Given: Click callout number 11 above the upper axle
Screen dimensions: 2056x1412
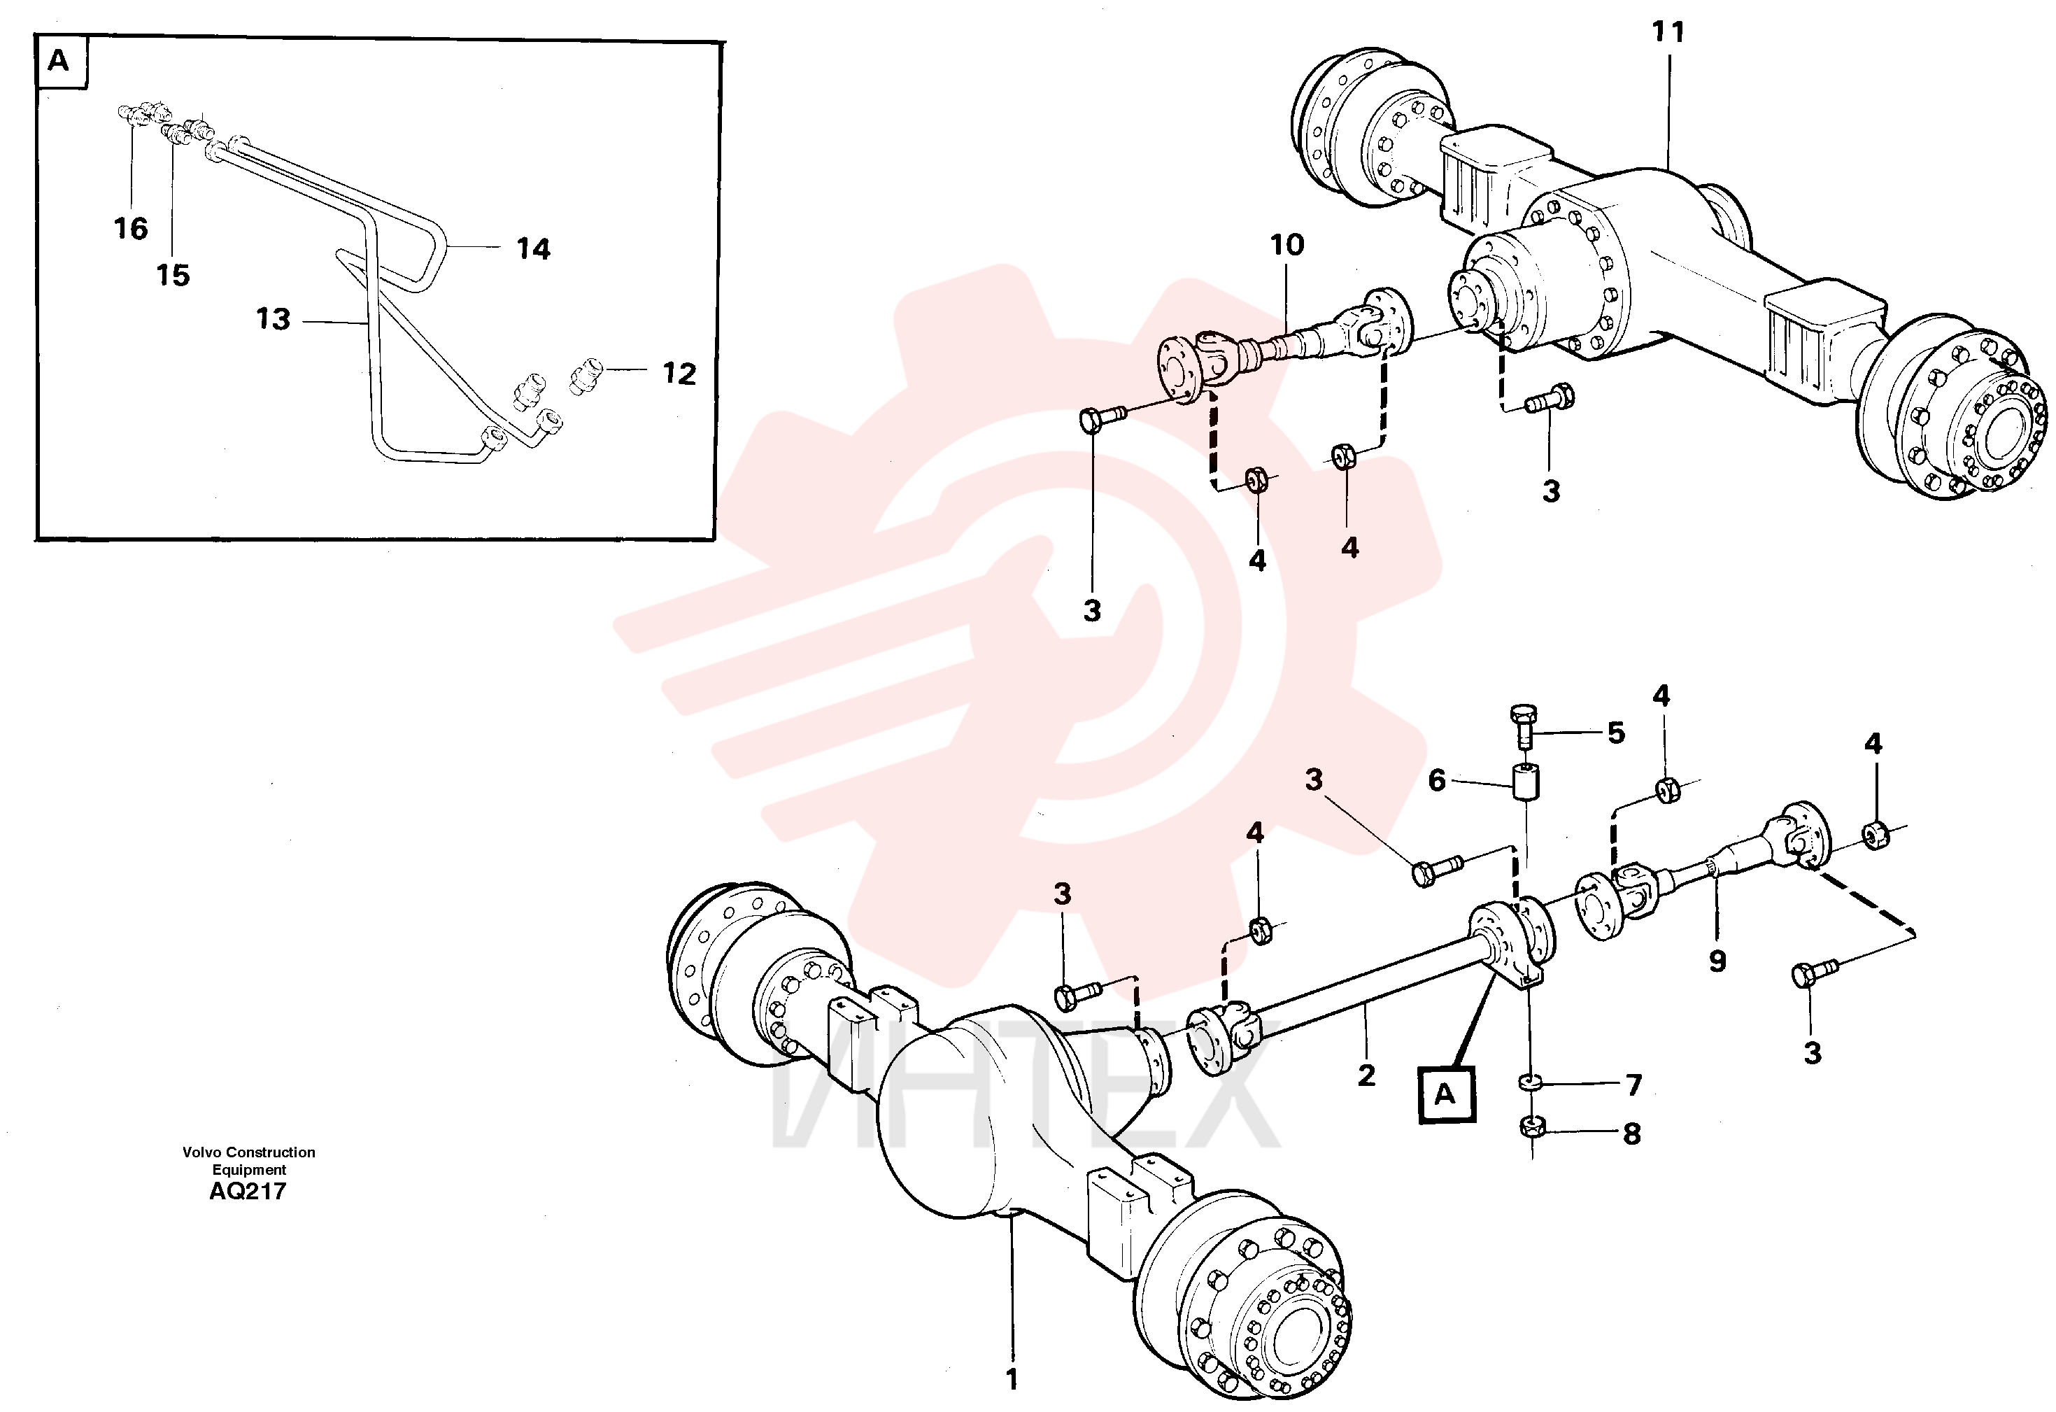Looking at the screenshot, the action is [1668, 33].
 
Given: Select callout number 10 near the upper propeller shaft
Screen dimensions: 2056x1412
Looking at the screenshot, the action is [1287, 245].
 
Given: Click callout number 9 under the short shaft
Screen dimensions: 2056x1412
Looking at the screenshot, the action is [1717, 961].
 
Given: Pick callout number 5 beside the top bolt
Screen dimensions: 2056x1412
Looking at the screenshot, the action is [1616, 733].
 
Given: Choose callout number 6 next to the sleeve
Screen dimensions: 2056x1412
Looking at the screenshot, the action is [1437, 780].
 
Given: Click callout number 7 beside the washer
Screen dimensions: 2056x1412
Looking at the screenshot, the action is [1633, 1084].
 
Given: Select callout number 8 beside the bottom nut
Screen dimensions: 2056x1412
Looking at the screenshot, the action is [1632, 1134].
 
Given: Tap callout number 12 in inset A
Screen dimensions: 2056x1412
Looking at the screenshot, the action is [679, 374].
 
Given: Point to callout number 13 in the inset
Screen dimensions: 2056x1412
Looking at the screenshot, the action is [273, 318].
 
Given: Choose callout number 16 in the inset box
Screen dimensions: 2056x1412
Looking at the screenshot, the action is [131, 228].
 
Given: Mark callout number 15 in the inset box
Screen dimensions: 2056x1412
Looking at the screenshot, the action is [173, 275].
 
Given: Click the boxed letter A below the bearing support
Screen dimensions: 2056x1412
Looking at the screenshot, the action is [1445, 1094].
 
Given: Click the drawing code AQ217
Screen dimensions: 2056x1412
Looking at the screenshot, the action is [248, 1191].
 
